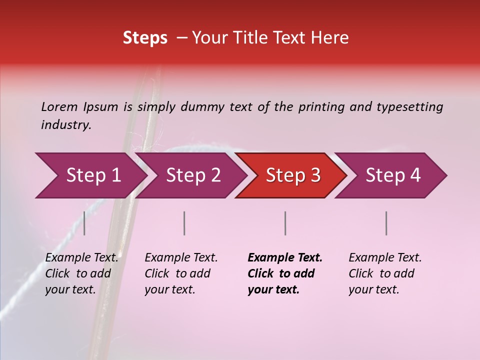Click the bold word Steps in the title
pyautogui.click(x=145, y=38)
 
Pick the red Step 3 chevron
pyautogui.click(x=293, y=175)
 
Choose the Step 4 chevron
pyautogui.click(x=393, y=175)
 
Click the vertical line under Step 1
pyautogui.click(x=84, y=223)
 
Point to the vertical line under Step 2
pyautogui.click(x=184, y=223)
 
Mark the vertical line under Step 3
pyautogui.click(x=285, y=223)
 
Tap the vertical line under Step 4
pyautogui.click(x=386, y=223)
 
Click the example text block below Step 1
pyautogui.click(x=81, y=273)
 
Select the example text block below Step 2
pyautogui.click(x=181, y=273)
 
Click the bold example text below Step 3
pyautogui.click(x=285, y=273)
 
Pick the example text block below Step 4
pyautogui.click(x=385, y=273)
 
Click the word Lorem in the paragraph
pyautogui.click(x=59, y=106)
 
